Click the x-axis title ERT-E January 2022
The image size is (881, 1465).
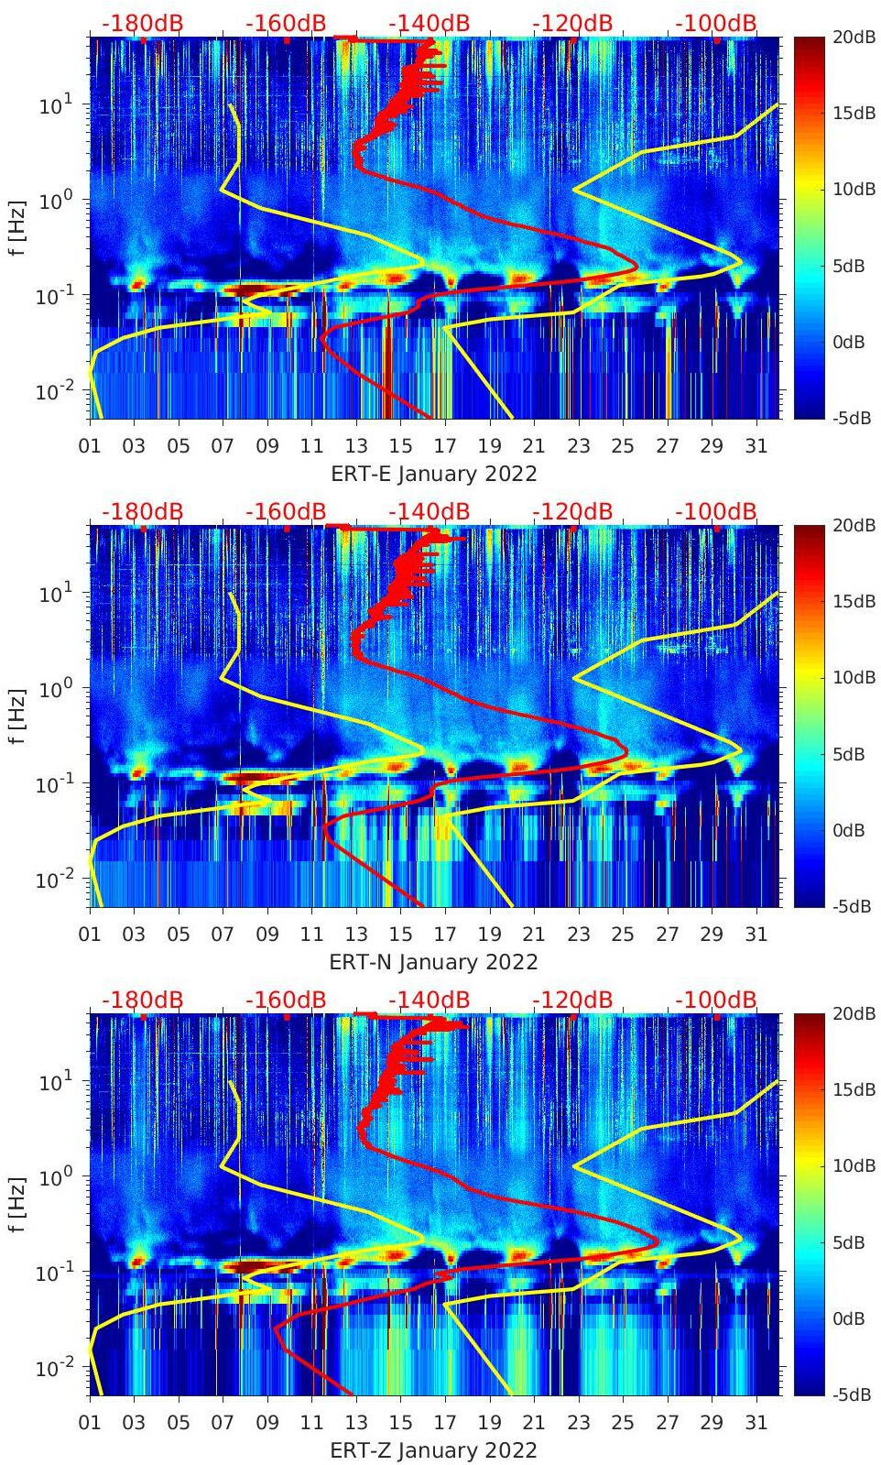pos(434,474)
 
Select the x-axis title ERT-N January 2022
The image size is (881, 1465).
pos(434,962)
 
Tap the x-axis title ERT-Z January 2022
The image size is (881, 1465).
pos(434,1450)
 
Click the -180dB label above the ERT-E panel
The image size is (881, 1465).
pos(142,23)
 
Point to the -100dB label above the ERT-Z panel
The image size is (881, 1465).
pos(716,1000)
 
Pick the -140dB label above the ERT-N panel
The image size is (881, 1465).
pos(429,511)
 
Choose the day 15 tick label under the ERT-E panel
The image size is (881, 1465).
pos(400,446)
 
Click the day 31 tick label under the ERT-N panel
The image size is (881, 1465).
pos(756,935)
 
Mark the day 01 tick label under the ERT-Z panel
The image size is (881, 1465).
pos(90,1423)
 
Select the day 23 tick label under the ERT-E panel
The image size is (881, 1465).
pos(578,446)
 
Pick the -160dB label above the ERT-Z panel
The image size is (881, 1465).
pos(286,1000)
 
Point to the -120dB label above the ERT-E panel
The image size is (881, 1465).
pos(572,23)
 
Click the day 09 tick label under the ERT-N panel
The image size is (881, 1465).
pos(267,935)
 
